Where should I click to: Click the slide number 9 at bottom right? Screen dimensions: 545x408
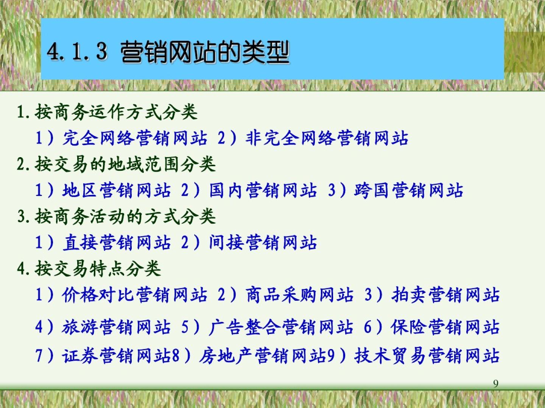click(x=495, y=384)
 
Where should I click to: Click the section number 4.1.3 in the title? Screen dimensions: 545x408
click(x=77, y=51)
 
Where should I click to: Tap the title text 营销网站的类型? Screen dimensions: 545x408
click(x=205, y=52)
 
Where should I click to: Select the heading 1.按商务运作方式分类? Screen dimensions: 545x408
click(x=107, y=112)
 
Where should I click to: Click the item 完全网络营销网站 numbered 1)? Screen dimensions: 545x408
click(x=135, y=138)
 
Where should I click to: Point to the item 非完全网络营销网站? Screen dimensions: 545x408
click(x=327, y=138)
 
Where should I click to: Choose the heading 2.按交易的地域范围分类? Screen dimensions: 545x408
click(x=116, y=164)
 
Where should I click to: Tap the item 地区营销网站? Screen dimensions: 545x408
click(x=117, y=190)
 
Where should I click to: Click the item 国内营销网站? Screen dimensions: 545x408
click(x=263, y=190)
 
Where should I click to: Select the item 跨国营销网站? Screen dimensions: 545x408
click(x=409, y=190)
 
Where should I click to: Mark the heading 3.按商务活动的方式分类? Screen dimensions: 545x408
click(x=116, y=216)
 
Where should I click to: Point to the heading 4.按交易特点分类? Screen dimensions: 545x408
click(x=89, y=269)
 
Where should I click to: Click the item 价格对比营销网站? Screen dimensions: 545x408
click(x=135, y=295)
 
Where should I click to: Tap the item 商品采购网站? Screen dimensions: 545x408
click(x=300, y=295)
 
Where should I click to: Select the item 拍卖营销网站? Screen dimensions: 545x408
click(x=446, y=295)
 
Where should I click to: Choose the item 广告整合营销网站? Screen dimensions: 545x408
click(x=281, y=327)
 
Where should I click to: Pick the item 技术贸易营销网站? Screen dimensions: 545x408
click(x=427, y=356)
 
